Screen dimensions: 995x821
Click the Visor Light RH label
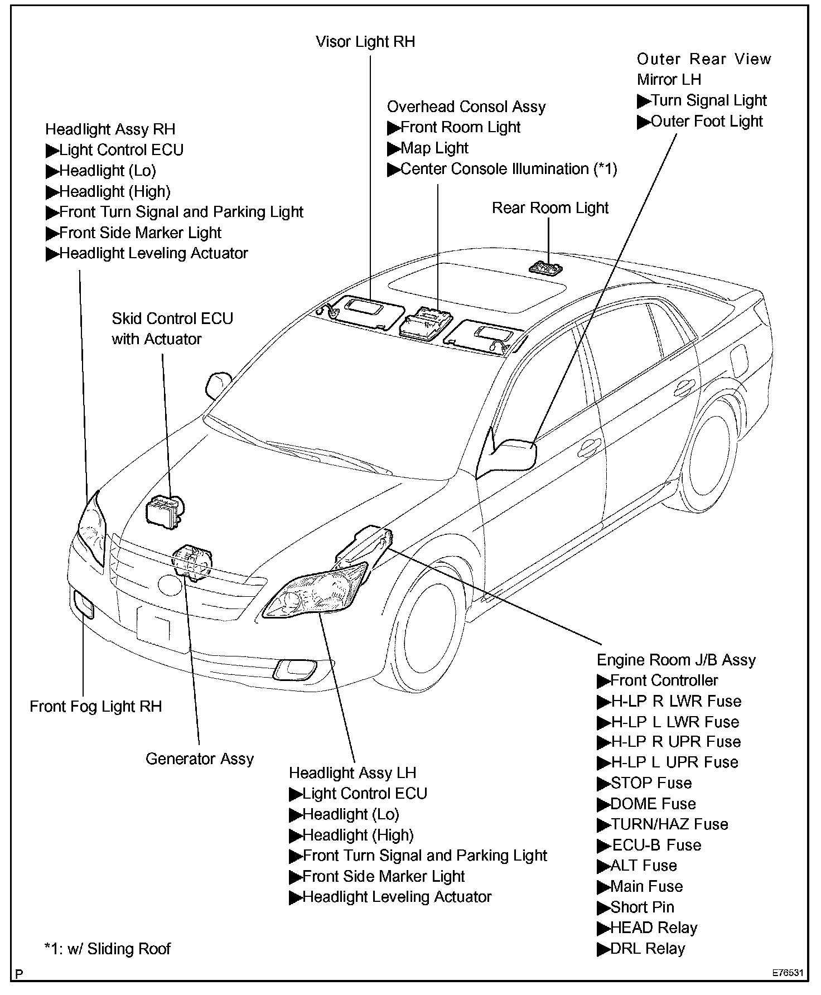tap(365, 42)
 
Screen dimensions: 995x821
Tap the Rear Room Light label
tap(550, 208)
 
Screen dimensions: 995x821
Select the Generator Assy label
tap(199, 759)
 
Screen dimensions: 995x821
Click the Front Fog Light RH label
tap(95, 706)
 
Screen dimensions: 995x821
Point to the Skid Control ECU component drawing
tap(164, 509)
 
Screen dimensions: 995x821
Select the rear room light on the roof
tap(545, 268)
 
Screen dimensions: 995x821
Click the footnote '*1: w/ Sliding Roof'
tap(107, 949)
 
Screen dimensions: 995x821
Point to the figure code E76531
tap(788, 973)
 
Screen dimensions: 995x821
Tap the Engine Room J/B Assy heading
tap(676, 660)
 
